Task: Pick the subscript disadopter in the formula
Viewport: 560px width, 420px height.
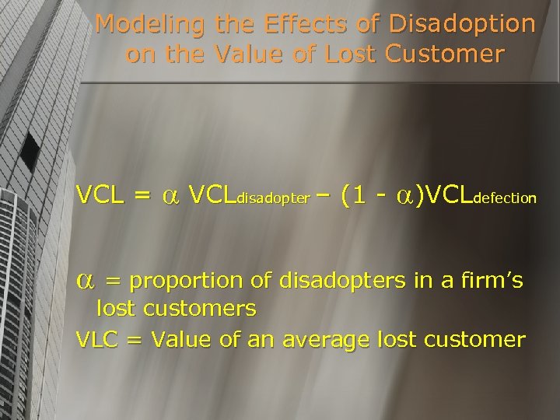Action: pyautogui.click(x=272, y=199)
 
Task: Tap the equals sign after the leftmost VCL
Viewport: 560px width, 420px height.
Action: pyautogui.click(x=142, y=196)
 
